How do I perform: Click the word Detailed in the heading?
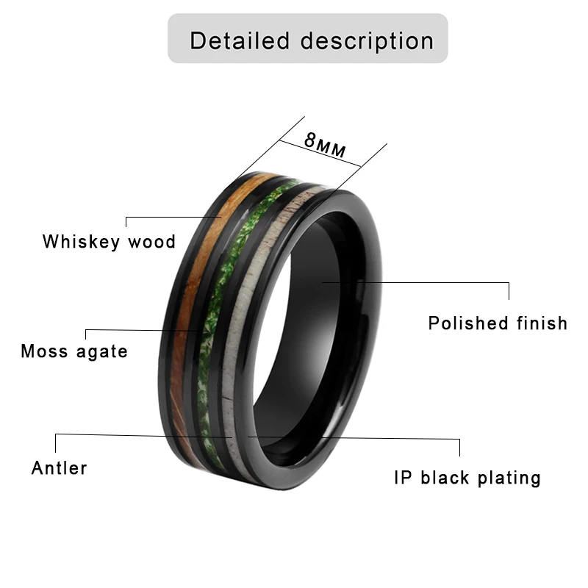240,40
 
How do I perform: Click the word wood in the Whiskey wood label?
152,241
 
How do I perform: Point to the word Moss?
46,351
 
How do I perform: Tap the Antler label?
60,467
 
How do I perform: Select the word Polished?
469,323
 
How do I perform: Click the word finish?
542,323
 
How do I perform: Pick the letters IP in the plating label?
402,478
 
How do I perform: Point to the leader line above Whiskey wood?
173,218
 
